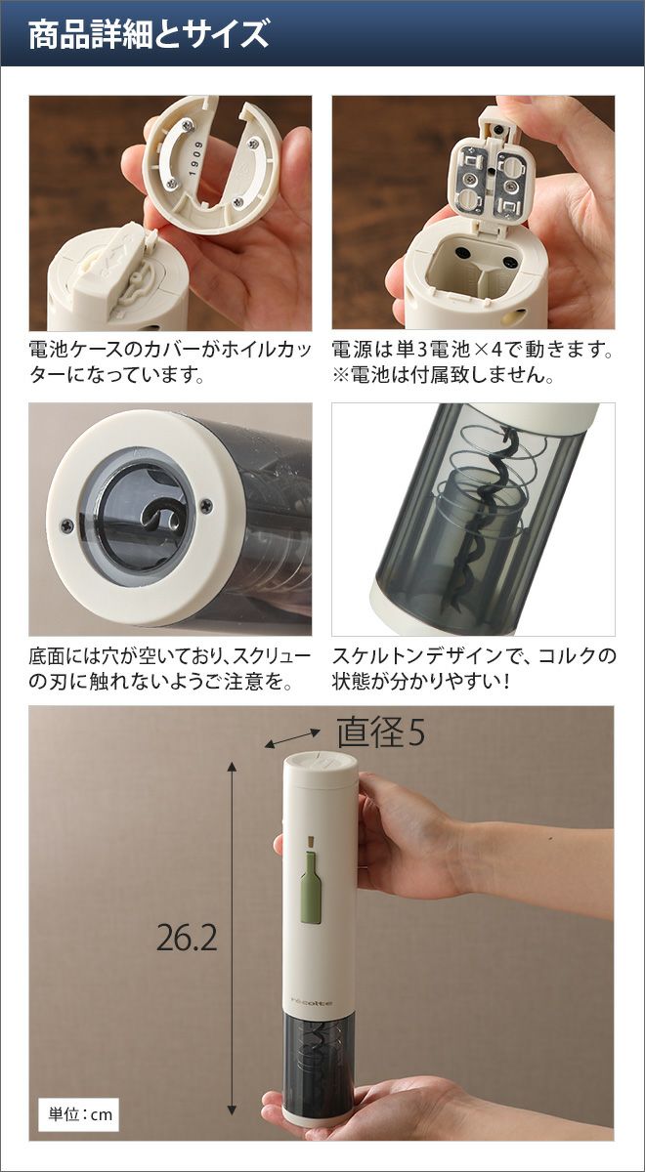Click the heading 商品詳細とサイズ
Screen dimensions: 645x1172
point(149,34)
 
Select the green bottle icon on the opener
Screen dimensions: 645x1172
point(312,877)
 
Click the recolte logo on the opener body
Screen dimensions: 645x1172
point(312,1000)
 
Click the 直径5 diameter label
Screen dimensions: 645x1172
point(380,732)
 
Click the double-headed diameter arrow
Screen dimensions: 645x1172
point(292,738)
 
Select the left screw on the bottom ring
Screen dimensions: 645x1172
point(66,524)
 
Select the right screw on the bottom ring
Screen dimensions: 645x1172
point(206,505)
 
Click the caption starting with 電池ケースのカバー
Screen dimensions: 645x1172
point(171,361)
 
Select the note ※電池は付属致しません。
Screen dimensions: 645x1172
point(443,374)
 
